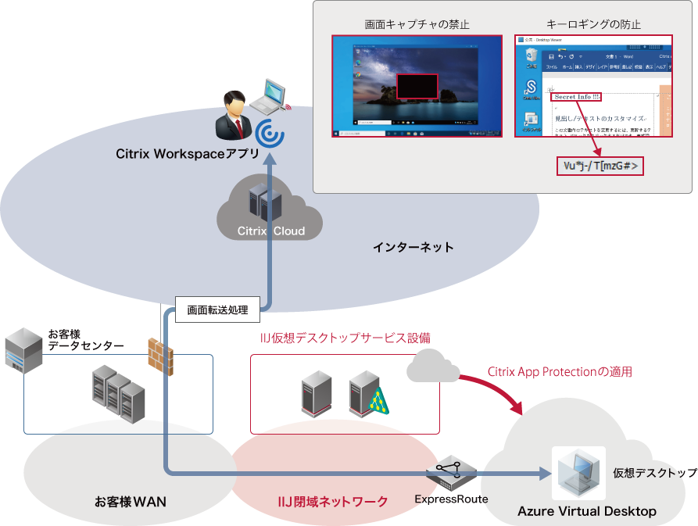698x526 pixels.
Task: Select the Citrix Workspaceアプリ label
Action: pos(188,153)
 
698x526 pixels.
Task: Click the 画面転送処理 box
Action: pos(217,310)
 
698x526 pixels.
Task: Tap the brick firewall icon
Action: pos(160,356)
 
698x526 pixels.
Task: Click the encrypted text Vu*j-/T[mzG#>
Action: pos(600,166)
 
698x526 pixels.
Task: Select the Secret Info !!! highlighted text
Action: pos(576,97)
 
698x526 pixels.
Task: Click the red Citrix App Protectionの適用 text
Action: pos(559,372)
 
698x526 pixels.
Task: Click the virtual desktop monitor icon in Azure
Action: pos(578,474)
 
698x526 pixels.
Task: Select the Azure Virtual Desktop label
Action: pos(587,511)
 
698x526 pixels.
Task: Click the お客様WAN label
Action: pos(131,501)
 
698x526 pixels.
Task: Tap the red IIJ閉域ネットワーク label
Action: pos(334,501)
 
